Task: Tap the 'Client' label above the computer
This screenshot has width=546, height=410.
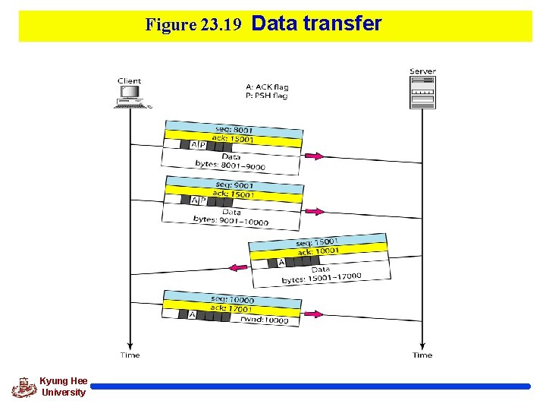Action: click(x=129, y=81)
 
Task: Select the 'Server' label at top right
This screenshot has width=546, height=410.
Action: click(x=422, y=71)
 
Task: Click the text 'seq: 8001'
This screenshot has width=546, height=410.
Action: click(x=234, y=130)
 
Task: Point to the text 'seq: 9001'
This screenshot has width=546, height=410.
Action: click(x=234, y=185)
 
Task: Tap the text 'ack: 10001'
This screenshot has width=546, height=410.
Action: click(x=318, y=252)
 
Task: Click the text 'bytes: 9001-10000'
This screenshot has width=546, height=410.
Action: click(x=231, y=220)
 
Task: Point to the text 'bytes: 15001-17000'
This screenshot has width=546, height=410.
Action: click(x=322, y=278)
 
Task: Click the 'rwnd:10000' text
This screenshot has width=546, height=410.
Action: click(x=264, y=320)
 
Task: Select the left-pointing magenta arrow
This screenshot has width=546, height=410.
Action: click(x=239, y=267)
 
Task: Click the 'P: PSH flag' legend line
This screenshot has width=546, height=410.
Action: click(x=266, y=96)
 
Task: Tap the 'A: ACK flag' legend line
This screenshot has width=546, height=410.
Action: click(x=266, y=87)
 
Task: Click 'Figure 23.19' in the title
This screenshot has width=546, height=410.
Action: click(x=193, y=25)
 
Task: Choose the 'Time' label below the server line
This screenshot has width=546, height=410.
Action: click(x=422, y=355)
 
